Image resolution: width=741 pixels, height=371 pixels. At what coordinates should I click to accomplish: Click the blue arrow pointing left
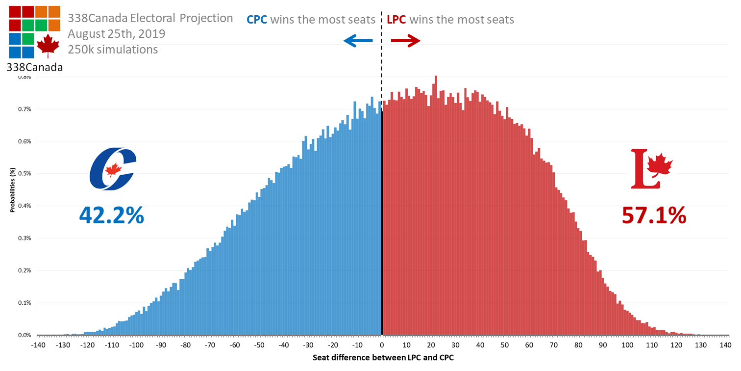click(x=357, y=41)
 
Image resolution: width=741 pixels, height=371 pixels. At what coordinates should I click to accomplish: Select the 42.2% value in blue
click(x=112, y=215)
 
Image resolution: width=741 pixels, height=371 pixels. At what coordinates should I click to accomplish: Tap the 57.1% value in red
click(x=654, y=215)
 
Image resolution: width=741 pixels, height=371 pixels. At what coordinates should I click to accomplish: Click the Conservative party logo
click(x=113, y=169)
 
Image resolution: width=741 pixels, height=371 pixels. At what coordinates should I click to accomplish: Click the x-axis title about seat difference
click(x=383, y=358)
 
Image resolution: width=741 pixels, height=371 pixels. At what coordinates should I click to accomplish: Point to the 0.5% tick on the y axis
click(x=25, y=174)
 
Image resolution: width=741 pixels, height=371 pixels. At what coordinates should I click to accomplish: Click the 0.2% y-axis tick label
click(x=25, y=270)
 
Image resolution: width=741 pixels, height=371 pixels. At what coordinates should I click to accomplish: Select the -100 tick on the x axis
click(x=135, y=345)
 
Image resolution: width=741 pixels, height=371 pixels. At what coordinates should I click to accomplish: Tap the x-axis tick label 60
click(x=529, y=345)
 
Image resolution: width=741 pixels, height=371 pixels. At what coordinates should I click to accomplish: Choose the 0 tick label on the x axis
click(x=382, y=345)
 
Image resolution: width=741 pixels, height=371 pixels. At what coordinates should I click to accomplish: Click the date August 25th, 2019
click(x=117, y=34)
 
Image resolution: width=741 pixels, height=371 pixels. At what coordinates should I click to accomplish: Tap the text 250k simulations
click(x=113, y=50)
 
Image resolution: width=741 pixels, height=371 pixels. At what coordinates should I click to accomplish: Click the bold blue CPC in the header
click(x=257, y=20)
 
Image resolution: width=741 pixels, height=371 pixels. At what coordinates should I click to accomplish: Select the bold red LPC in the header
click(x=396, y=20)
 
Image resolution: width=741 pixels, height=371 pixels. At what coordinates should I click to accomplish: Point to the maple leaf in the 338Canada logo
click(x=48, y=46)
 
